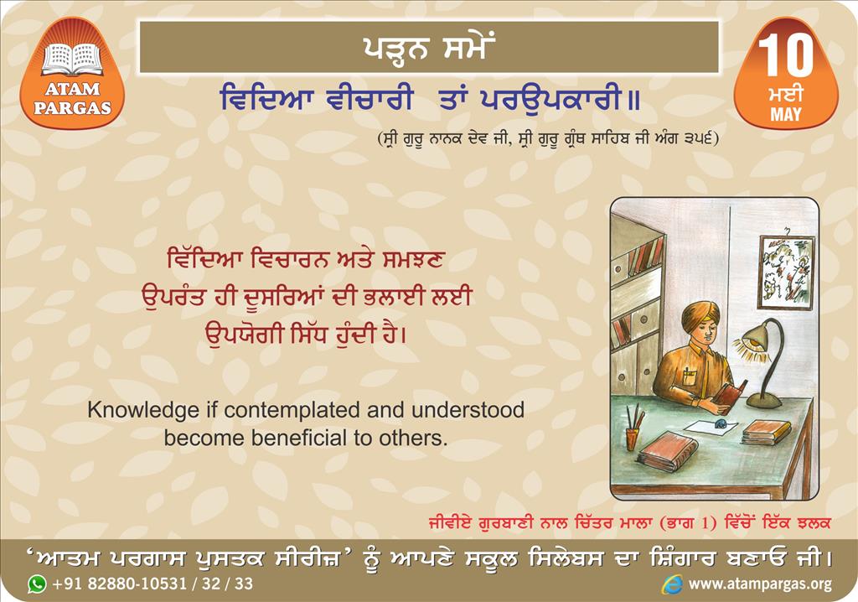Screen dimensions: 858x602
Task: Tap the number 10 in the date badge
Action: tap(786, 56)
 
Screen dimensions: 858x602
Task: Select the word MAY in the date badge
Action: tap(786, 115)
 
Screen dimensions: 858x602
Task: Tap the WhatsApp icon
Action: tap(37, 584)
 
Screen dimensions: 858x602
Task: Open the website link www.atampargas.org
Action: tap(760, 584)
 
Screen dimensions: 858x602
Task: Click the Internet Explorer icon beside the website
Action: tap(672, 584)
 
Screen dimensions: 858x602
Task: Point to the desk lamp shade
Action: tap(753, 335)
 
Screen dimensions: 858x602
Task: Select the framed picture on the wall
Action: tap(786, 272)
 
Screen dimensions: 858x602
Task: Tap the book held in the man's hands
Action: tap(731, 392)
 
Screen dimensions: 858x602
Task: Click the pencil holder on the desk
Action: tap(633, 439)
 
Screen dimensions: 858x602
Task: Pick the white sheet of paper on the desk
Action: tap(709, 427)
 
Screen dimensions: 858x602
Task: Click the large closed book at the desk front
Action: tap(668, 451)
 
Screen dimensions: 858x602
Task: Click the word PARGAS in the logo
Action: tap(72, 107)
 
